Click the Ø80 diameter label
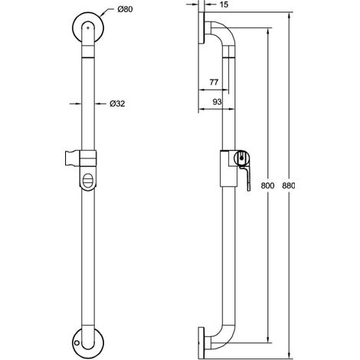(125, 9)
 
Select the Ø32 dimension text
(117, 103)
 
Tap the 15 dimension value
(224, 5)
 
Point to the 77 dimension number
(214, 82)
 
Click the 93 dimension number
(217, 102)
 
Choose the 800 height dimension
(267, 185)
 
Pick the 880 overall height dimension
(288, 185)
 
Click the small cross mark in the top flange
(88, 28)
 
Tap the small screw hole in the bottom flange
(77, 343)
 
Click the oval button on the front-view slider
(88, 181)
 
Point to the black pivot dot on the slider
(241, 158)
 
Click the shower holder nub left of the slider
(73, 159)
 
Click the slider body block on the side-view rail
(227, 169)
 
